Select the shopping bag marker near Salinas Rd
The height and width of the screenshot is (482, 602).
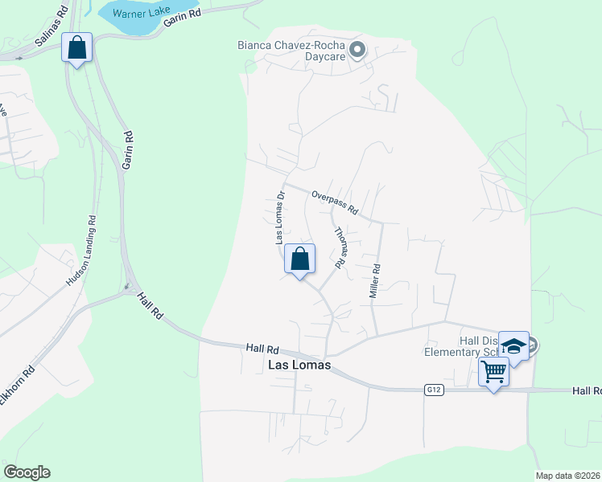pyautogui.click(x=76, y=47)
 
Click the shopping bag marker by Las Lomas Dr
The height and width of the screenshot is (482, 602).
pyautogui.click(x=299, y=259)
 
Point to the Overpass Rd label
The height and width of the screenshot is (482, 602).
pyautogui.click(x=334, y=202)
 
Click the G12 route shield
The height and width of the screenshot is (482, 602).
pyautogui.click(x=435, y=390)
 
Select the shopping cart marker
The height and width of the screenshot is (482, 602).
pyautogui.click(x=493, y=372)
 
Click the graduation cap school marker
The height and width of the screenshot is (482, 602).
pyautogui.click(x=513, y=346)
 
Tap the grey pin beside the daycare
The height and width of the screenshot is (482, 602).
pyautogui.click(x=359, y=51)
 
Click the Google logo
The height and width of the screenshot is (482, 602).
pyautogui.click(x=27, y=472)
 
